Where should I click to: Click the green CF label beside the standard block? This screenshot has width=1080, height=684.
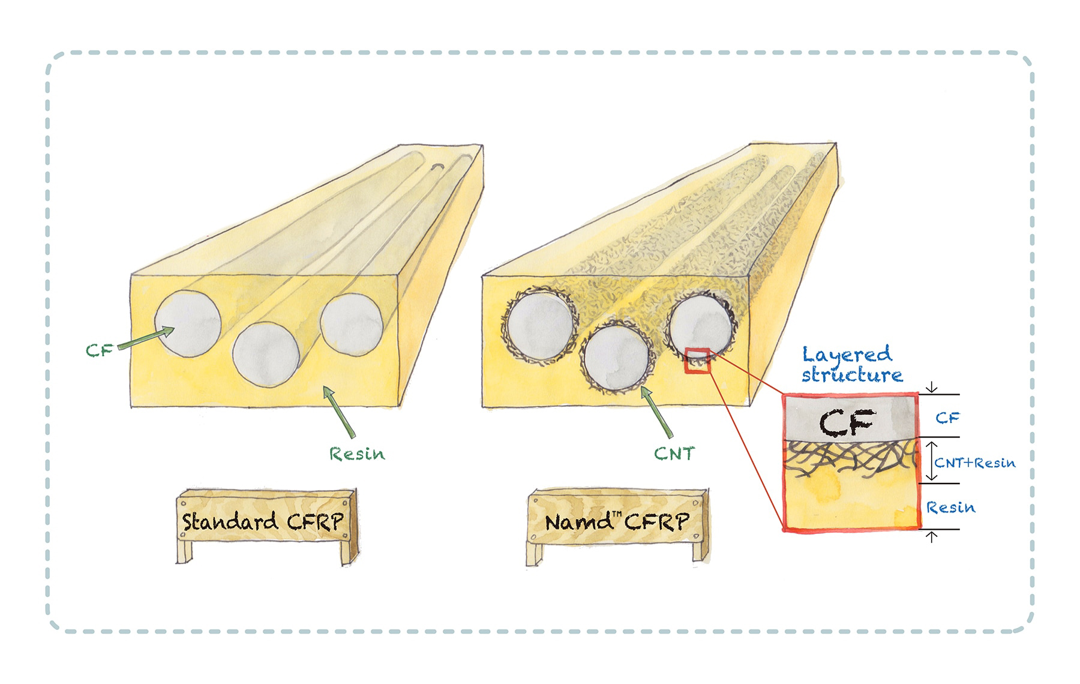click(x=99, y=349)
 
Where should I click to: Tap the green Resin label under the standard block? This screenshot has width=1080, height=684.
click(x=356, y=454)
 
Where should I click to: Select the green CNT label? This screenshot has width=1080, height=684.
click(x=674, y=454)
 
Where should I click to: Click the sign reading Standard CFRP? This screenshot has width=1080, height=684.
click(x=264, y=521)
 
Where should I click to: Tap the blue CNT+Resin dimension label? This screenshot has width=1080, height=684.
click(x=974, y=463)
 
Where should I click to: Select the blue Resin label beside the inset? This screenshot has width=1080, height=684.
click(x=950, y=508)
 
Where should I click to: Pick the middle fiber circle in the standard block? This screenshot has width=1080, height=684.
click(x=266, y=355)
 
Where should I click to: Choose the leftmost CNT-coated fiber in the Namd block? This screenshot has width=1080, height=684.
click(x=539, y=326)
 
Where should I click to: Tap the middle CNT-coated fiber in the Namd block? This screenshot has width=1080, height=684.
click(x=616, y=359)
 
